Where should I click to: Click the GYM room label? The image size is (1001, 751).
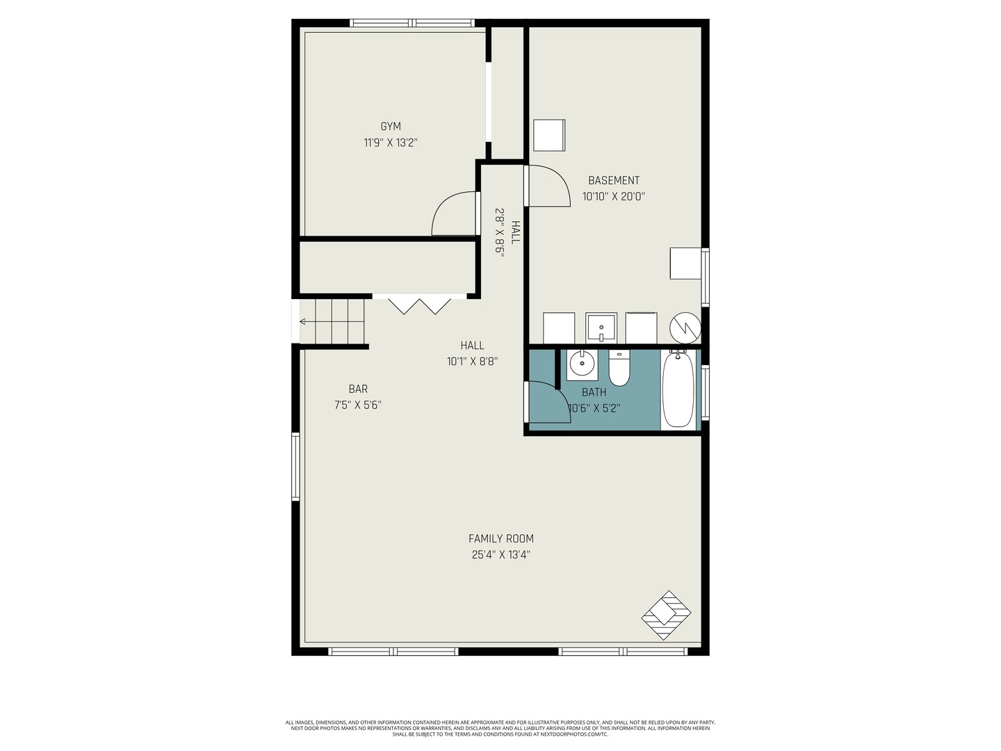click(x=391, y=127)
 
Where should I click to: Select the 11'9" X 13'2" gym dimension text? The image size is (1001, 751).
click(x=391, y=143)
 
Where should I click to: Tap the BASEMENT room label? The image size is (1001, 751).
click(x=613, y=180)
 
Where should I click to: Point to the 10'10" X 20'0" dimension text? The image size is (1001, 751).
click(x=613, y=197)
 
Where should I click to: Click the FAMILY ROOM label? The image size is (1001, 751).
click(x=500, y=538)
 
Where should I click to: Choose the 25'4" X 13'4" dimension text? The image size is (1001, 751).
click(x=500, y=555)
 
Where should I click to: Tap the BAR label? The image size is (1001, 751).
click(x=358, y=389)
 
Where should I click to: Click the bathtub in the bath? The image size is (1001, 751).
click(x=678, y=389)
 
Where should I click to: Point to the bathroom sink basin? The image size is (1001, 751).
click(x=582, y=364)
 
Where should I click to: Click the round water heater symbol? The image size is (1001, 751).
click(x=685, y=328)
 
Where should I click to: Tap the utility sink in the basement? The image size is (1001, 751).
click(x=601, y=328)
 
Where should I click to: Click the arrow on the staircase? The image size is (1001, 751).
click(x=332, y=322)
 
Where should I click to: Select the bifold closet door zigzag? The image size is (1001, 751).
click(x=419, y=307)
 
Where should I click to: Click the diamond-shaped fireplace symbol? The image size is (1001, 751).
click(x=666, y=615)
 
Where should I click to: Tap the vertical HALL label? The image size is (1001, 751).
click(x=515, y=232)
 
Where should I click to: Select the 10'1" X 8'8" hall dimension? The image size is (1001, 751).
click(x=472, y=362)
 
